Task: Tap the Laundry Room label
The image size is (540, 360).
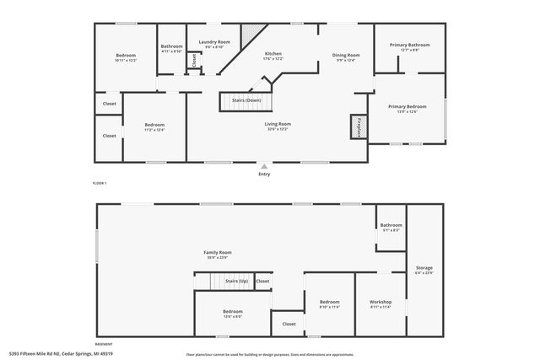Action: (x=214, y=44)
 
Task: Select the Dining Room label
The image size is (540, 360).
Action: (x=346, y=56)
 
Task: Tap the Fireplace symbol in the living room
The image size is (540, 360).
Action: (x=357, y=126)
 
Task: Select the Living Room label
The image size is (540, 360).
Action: (x=278, y=126)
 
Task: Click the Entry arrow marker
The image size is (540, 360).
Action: (x=264, y=165)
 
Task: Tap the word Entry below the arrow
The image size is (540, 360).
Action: (x=264, y=175)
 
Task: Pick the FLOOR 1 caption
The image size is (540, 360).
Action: (x=100, y=183)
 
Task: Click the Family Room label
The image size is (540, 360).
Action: (x=217, y=254)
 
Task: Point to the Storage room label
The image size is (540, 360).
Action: (x=424, y=271)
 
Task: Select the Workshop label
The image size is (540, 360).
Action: (x=381, y=304)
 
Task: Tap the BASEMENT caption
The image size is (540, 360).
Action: (x=103, y=344)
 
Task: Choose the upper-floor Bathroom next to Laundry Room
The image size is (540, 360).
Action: (x=171, y=48)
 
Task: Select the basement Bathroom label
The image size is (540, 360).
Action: (x=391, y=227)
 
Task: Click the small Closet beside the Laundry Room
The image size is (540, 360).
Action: (x=194, y=60)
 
